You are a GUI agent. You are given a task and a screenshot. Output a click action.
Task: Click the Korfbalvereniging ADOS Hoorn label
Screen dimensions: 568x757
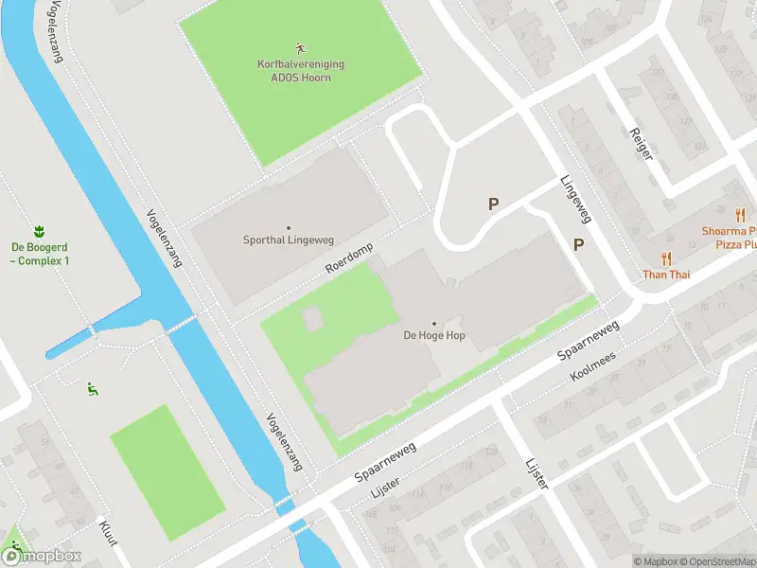[x=301, y=70]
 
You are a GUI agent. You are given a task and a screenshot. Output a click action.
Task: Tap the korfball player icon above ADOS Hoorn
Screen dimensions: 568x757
[x=301, y=47]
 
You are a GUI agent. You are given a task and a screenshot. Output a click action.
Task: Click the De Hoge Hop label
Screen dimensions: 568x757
[x=434, y=335]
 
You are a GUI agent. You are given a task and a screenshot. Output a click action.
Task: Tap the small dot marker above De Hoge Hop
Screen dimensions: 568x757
[x=434, y=324]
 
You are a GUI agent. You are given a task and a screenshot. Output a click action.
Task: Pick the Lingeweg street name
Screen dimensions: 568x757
[x=575, y=200]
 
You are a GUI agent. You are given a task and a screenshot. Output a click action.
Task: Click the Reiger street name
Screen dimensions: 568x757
[x=641, y=141]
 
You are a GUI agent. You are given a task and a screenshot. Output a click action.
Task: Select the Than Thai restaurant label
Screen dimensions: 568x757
[x=667, y=275]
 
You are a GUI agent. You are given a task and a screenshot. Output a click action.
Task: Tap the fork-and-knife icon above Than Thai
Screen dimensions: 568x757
[x=667, y=258]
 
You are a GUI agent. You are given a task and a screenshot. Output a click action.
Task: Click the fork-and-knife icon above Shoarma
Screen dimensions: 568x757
[x=740, y=215]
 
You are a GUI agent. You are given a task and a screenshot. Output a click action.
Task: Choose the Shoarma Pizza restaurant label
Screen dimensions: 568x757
[x=729, y=238]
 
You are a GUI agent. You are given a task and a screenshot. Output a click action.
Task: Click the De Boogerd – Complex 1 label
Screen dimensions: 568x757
[x=40, y=254]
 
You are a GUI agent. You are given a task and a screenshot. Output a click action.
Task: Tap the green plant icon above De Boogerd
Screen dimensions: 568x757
[x=40, y=231]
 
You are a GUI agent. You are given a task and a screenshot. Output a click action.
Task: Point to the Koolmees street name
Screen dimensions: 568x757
[x=593, y=367]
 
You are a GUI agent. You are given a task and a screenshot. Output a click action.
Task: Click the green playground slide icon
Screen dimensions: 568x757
[x=92, y=388]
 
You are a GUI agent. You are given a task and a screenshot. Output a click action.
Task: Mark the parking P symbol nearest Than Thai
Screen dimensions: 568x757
[x=578, y=244]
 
